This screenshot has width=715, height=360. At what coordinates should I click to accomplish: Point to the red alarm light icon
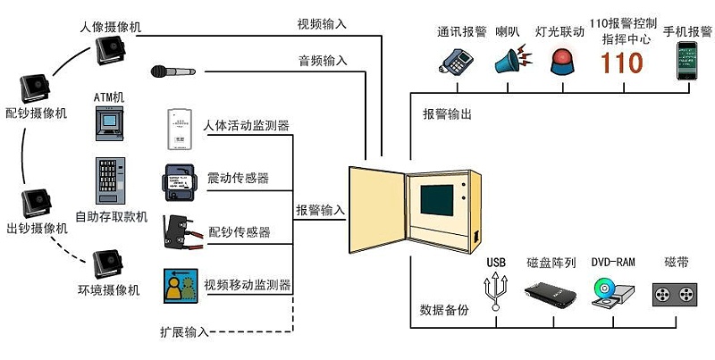click(x=563, y=62)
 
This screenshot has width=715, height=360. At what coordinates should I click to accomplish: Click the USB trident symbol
click(x=496, y=290)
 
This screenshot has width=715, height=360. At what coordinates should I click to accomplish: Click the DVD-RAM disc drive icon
click(x=612, y=292)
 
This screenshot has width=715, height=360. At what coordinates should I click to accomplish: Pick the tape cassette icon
click(x=674, y=293)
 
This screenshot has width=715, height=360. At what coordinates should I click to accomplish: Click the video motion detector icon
click(x=181, y=284)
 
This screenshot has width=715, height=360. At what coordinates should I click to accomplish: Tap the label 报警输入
click(x=320, y=211)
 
